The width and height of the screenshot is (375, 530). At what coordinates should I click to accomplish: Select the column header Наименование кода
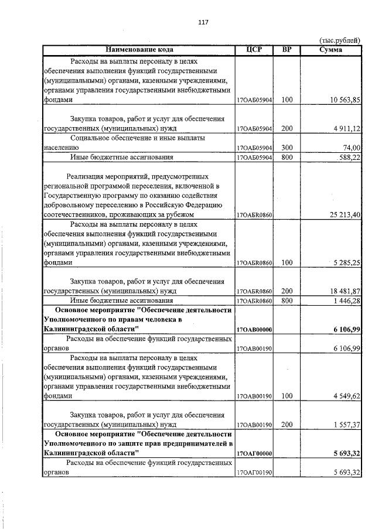139,50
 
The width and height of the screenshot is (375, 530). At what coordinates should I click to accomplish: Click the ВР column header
287,50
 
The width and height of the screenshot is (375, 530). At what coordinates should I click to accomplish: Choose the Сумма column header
331,50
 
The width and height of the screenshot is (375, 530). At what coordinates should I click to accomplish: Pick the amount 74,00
352,148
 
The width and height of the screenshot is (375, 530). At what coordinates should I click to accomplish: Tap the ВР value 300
287,148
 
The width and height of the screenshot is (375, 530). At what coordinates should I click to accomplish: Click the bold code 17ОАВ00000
254,330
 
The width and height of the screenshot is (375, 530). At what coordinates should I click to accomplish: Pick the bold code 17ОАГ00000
254,453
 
